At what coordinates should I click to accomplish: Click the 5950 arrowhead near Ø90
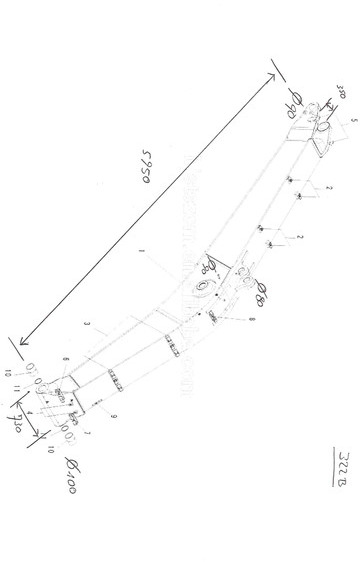coord(273,72)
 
